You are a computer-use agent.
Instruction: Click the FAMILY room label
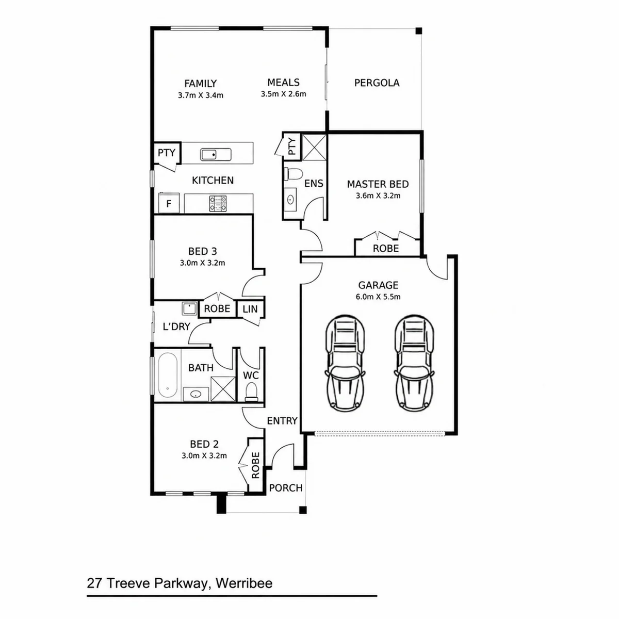click(201, 84)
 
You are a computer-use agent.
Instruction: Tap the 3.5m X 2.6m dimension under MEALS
click(283, 94)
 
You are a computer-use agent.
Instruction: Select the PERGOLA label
click(377, 83)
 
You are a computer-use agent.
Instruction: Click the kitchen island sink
click(216, 155)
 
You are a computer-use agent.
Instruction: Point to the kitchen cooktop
click(218, 204)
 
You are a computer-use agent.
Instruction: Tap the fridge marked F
click(169, 203)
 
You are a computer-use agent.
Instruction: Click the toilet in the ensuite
click(294, 174)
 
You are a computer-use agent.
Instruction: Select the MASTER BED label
click(378, 184)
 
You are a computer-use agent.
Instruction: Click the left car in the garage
click(345, 363)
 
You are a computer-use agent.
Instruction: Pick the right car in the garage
click(414, 363)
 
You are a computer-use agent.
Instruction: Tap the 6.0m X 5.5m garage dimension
click(378, 297)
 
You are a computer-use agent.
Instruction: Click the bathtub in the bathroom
click(167, 375)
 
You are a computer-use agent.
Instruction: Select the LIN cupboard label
click(250, 309)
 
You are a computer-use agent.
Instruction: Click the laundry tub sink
click(189, 308)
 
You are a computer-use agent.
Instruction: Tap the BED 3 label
click(202, 251)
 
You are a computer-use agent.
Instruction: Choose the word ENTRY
click(282, 421)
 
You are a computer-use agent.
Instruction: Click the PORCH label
click(286, 488)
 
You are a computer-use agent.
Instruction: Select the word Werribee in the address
click(244, 583)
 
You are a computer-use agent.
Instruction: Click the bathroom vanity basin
click(196, 394)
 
